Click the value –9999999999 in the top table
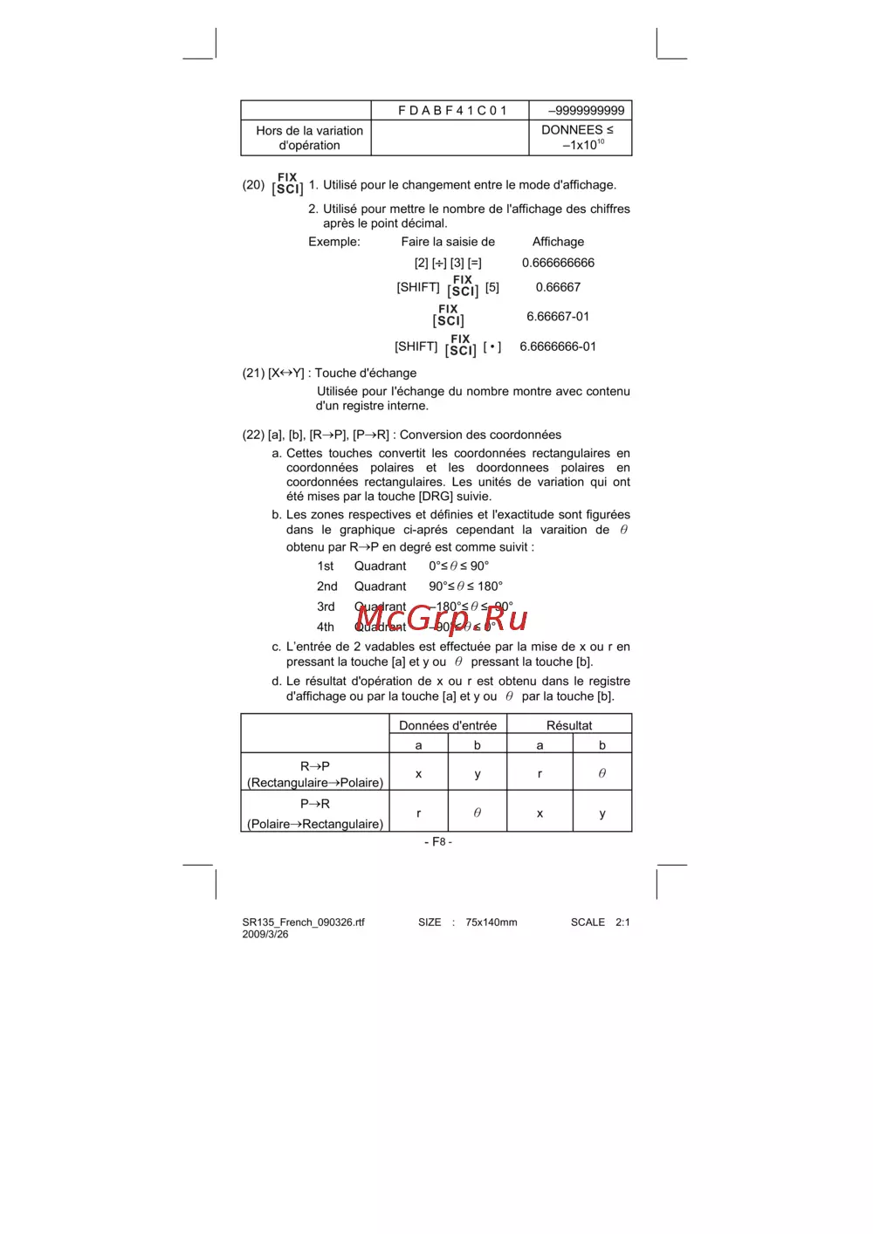[586, 111]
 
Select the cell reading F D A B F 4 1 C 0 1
[451, 111]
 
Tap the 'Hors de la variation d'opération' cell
[309, 138]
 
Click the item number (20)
[253, 185]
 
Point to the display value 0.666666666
[558, 263]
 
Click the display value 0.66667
[558, 287]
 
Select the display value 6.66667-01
[558, 317]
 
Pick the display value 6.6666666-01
[558, 346]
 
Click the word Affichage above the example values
[558, 242]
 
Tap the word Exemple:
[333, 242]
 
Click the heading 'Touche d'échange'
[366, 373]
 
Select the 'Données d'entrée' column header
[448, 725]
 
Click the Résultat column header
[569, 725]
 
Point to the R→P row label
[315, 766]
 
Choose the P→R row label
[315, 804]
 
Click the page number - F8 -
[438, 842]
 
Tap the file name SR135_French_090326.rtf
[303, 922]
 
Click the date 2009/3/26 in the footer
[265, 935]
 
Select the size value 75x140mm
[491, 922]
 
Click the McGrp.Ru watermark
[442, 618]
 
